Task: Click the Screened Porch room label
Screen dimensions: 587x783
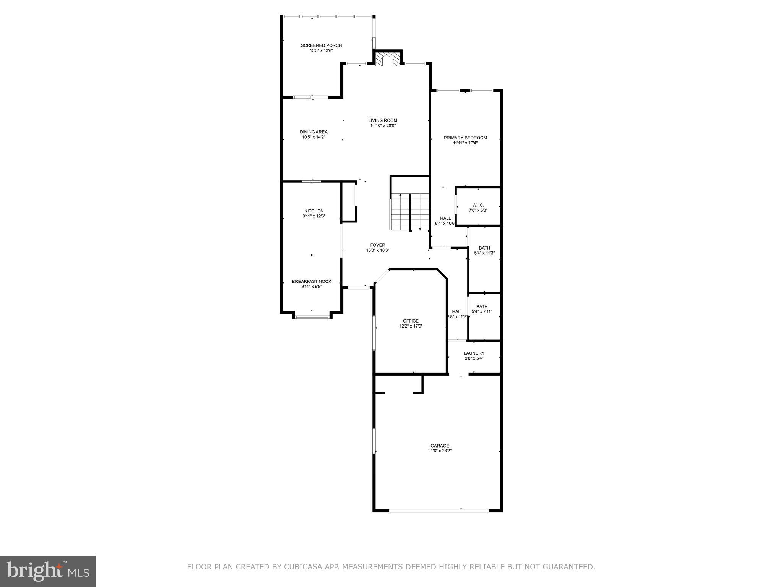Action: pos(321,45)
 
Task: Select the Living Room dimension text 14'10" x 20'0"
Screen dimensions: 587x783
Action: pos(383,126)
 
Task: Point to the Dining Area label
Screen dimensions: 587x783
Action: pos(314,132)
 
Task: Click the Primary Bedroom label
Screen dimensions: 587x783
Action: pos(465,138)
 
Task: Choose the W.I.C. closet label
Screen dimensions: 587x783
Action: pos(478,205)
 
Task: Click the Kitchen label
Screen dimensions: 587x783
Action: pos(314,211)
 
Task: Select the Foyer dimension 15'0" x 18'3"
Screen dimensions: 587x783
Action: pos(377,251)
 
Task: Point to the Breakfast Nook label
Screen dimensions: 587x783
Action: pos(312,281)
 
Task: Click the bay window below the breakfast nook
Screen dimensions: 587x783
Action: pos(312,317)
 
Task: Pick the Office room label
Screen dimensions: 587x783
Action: pos(411,321)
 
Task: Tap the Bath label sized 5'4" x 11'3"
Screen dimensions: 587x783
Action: pos(484,248)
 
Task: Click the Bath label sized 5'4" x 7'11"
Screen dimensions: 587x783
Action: pos(482,306)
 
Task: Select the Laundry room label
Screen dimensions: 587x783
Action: pos(474,353)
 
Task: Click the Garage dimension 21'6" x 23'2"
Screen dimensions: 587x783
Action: pos(440,451)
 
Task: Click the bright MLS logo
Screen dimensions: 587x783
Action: pos(48,571)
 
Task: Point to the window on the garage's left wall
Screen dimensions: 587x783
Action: pos(374,441)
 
